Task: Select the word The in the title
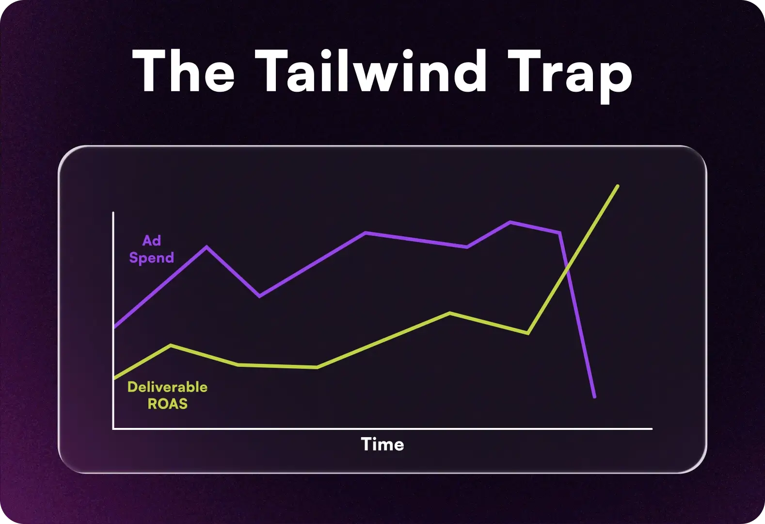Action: coord(183,72)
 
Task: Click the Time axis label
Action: coord(382,444)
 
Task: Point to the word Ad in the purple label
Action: coord(152,241)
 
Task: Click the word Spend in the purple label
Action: coord(151,258)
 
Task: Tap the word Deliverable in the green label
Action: coord(167,387)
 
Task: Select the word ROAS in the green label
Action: coord(167,404)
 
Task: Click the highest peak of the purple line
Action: coord(510,222)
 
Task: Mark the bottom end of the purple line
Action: coord(594,397)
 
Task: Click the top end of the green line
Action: coord(618,186)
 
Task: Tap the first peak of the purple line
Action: coord(207,247)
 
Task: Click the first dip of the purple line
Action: coord(260,296)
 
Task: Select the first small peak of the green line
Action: coord(171,345)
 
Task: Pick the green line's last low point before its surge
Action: coord(527,333)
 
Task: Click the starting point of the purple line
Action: coord(114,327)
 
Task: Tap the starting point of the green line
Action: coord(114,377)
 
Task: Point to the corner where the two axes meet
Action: coord(113,429)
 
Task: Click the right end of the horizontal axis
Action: coord(652,429)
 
